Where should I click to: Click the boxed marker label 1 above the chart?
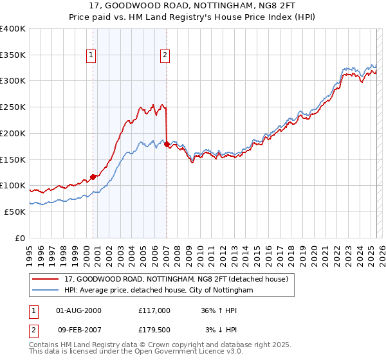pyautogui.click(x=91, y=55)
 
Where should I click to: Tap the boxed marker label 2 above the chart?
pyautogui.click(x=165, y=55)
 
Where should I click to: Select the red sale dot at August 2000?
pyautogui.click(x=93, y=176)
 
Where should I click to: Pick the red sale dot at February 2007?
pyautogui.click(x=167, y=144)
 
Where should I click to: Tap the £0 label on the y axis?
pyautogui.click(x=21, y=238)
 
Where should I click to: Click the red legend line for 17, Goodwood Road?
pyautogui.click(x=46, y=279)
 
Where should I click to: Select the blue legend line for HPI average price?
pyautogui.click(x=46, y=290)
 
